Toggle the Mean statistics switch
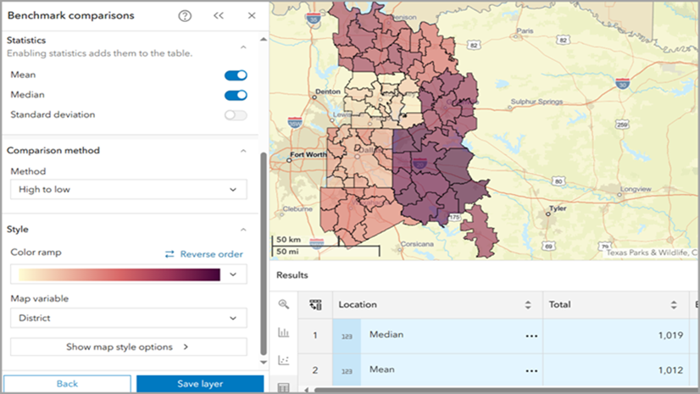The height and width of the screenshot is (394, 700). (236, 75)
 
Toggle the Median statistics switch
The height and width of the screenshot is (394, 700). (236, 95)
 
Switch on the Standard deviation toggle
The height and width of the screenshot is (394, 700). (236, 115)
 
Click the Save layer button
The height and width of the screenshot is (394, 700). (200, 384)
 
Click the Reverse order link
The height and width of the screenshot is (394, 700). (203, 254)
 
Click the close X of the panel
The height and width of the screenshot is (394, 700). (252, 16)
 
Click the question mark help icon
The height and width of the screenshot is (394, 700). (185, 16)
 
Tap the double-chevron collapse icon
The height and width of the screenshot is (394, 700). (219, 16)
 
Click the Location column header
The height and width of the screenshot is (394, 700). (358, 305)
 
